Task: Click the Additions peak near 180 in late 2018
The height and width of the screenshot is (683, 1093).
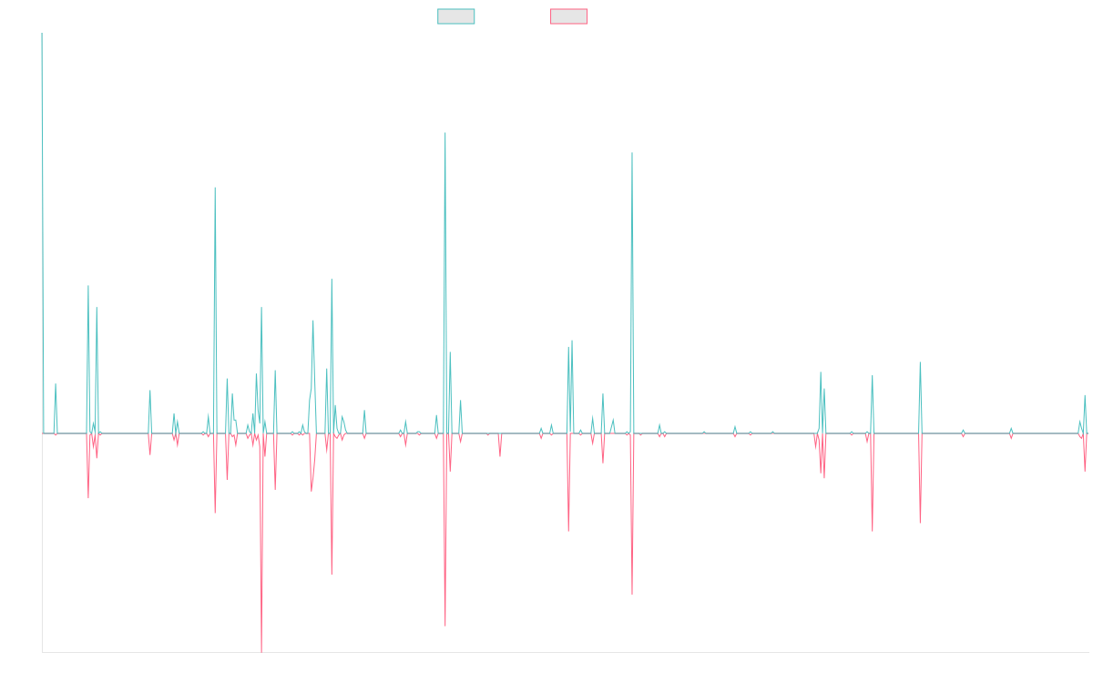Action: click(x=445, y=134)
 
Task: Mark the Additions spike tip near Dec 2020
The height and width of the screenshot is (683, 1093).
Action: click(x=632, y=153)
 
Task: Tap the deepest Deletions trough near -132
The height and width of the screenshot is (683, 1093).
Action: click(x=261, y=652)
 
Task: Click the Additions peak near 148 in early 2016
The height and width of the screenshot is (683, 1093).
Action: click(x=215, y=188)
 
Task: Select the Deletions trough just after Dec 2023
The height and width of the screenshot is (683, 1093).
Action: click(x=921, y=522)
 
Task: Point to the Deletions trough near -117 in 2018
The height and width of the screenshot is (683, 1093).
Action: click(x=445, y=627)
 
